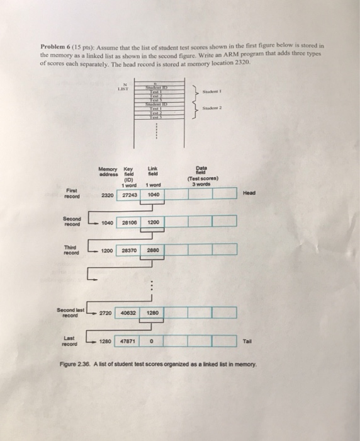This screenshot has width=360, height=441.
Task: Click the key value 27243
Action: tap(129, 195)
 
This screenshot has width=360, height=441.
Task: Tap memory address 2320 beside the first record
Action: tap(107, 195)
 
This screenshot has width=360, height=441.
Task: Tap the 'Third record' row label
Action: tap(71, 250)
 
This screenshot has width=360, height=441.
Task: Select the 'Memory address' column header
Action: tap(108, 170)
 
